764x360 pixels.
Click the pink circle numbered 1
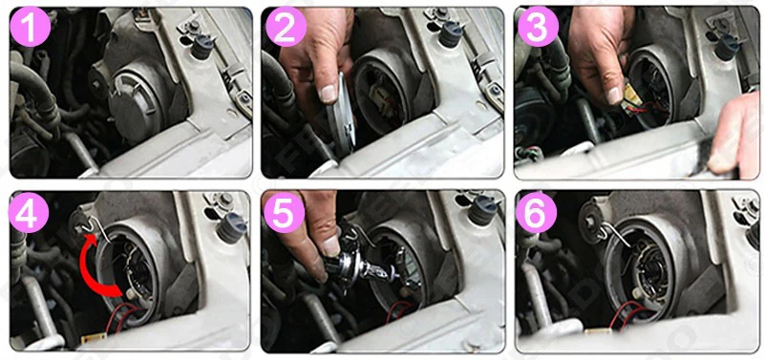coord(30,27)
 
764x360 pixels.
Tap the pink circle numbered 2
coord(286,27)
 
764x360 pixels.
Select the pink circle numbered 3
coord(538,27)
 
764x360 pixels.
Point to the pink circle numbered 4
coord(29,212)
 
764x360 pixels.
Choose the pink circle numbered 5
coord(284,212)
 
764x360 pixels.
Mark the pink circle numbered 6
coord(536,212)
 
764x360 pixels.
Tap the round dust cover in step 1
coord(133,105)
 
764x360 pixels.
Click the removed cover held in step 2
coord(340,115)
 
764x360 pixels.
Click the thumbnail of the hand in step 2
coord(328,93)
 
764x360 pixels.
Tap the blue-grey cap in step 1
coord(202,46)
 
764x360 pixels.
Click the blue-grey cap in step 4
coord(231,227)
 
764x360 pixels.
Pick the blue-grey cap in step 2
coord(450,35)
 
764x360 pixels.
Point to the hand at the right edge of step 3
coord(735,134)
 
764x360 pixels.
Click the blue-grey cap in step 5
coord(482,210)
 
